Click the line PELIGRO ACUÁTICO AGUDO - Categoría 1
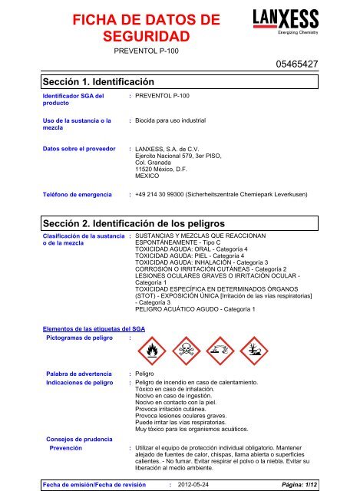click(x=201, y=308)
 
